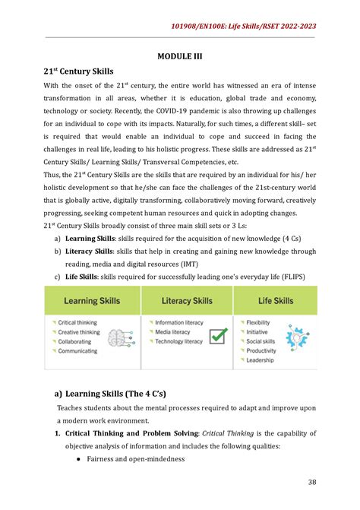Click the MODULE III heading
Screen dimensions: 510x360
click(180, 55)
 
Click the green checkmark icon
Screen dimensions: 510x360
click(218, 335)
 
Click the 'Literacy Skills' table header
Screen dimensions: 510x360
click(187, 301)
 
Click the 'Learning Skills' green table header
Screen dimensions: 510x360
click(95, 301)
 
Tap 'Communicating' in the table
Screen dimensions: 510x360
click(78, 350)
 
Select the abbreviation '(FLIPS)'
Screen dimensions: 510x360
click(288, 275)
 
